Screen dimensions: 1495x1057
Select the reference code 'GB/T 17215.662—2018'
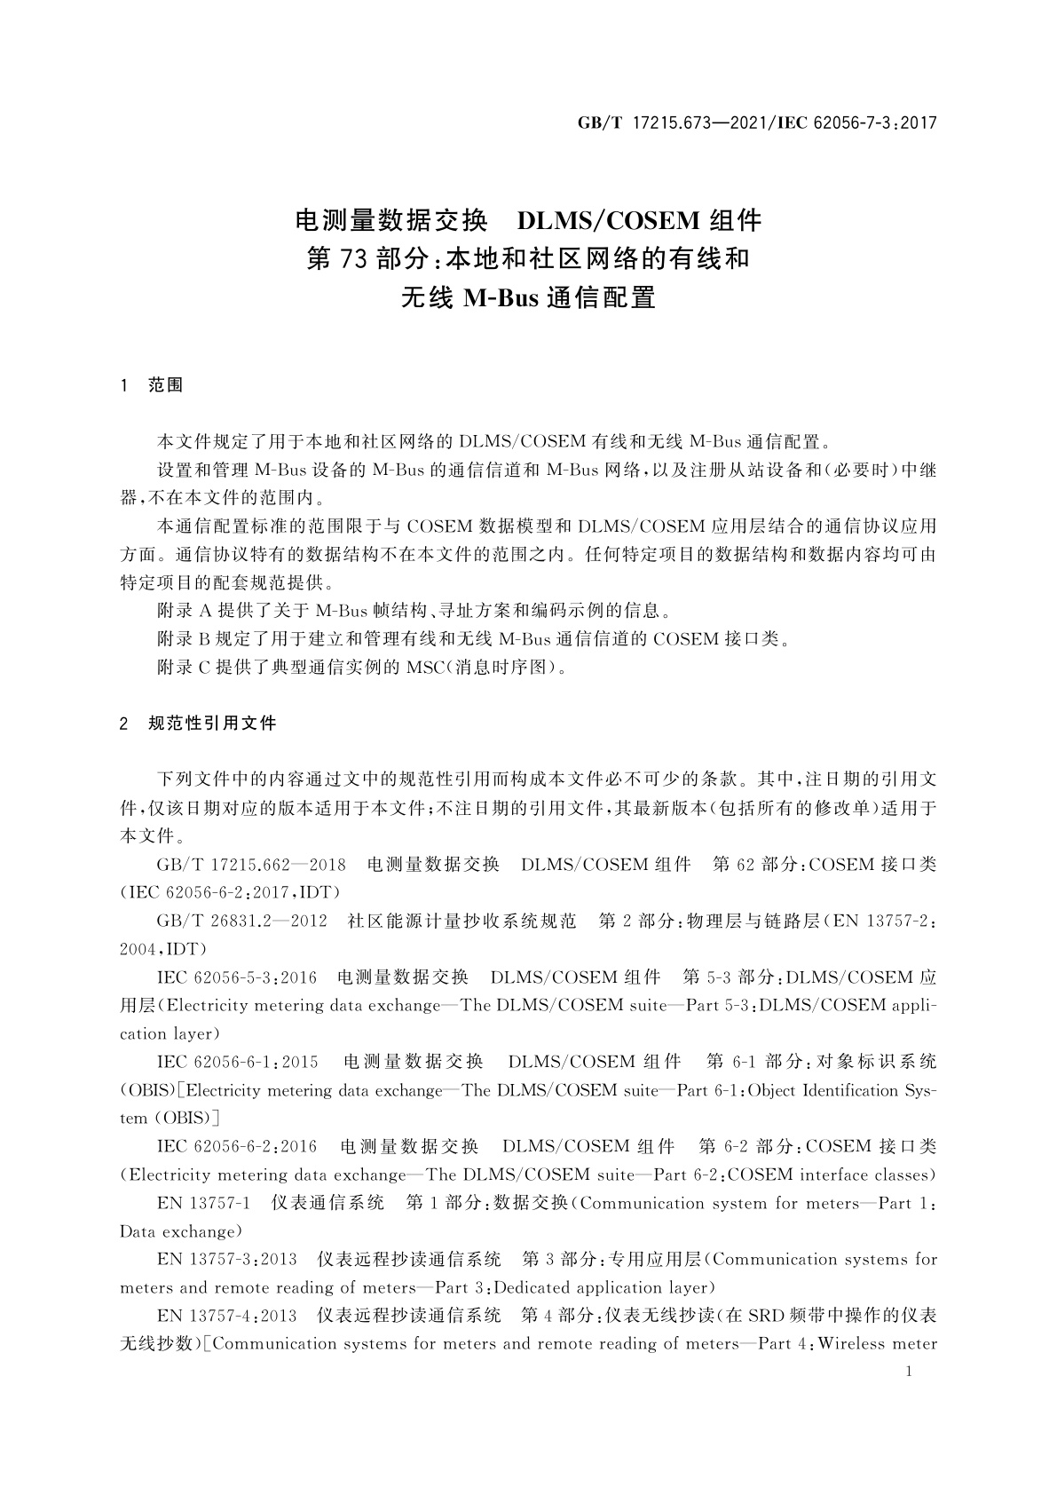251,865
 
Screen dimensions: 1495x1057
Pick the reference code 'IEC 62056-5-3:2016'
236,977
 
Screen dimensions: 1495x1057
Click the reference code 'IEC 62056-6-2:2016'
236,1146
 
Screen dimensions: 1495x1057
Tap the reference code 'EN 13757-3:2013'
226,1259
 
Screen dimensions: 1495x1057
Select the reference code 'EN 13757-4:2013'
226,1315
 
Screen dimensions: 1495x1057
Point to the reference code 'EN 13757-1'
203,1203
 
